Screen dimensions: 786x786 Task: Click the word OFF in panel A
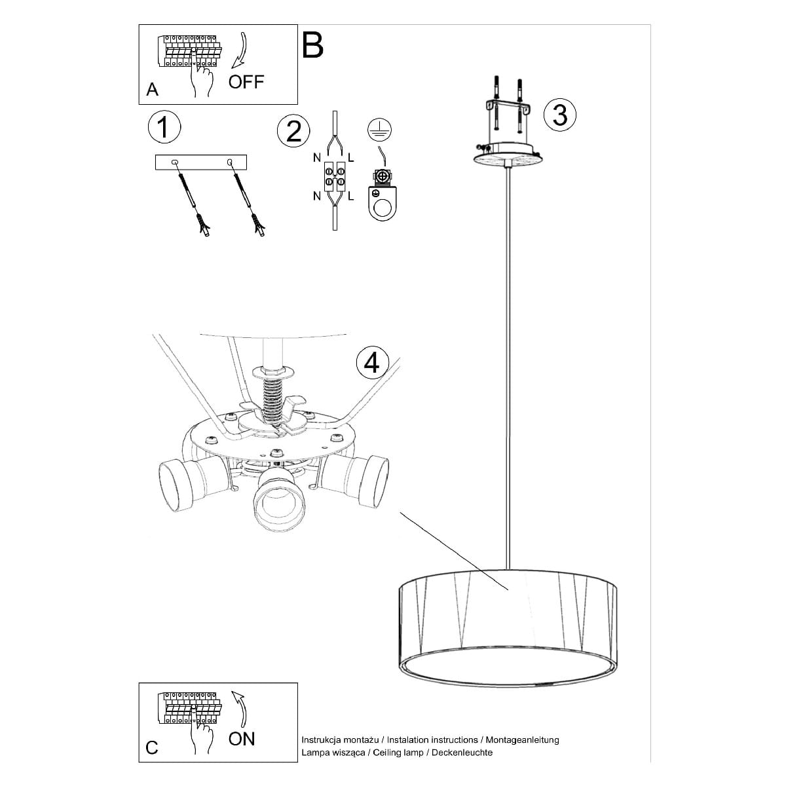[x=246, y=82]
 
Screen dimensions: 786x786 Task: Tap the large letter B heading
[x=313, y=45]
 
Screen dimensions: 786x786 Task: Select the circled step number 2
[x=293, y=132]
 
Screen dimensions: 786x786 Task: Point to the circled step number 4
[x=373, y=362]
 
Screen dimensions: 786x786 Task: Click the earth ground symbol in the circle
[x=379, y=128]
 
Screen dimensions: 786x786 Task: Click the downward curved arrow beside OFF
[x=240, y=50]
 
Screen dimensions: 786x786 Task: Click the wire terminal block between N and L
[x=335, y=176]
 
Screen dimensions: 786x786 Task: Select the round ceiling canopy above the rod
[x=508, y=153]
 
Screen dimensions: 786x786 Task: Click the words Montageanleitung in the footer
[x=522, y=739]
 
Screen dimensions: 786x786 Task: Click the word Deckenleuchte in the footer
[x=462, y=753]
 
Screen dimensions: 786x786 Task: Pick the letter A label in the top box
[x=152, y=89]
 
